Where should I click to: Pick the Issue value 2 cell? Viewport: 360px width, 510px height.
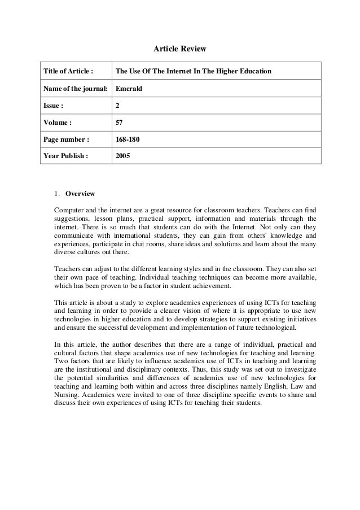(x=117, y=106)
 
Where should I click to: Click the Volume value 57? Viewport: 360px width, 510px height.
(x=119, y=122)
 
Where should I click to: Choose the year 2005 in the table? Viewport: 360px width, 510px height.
(x=123, y=155)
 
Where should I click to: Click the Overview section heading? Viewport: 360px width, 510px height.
(x=80, y=193)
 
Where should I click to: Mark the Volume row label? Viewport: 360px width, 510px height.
(x=57, y=122)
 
